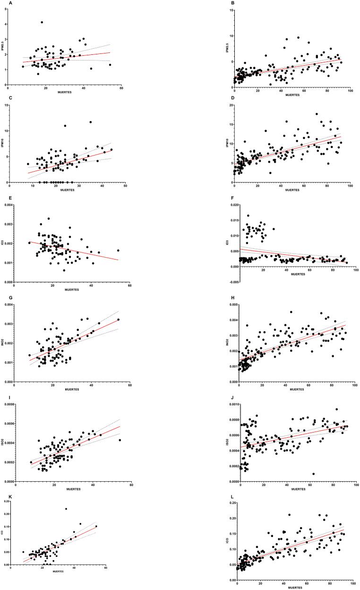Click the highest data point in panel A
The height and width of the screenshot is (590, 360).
coord(42,22)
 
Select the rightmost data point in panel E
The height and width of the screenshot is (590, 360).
coord(118,251)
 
